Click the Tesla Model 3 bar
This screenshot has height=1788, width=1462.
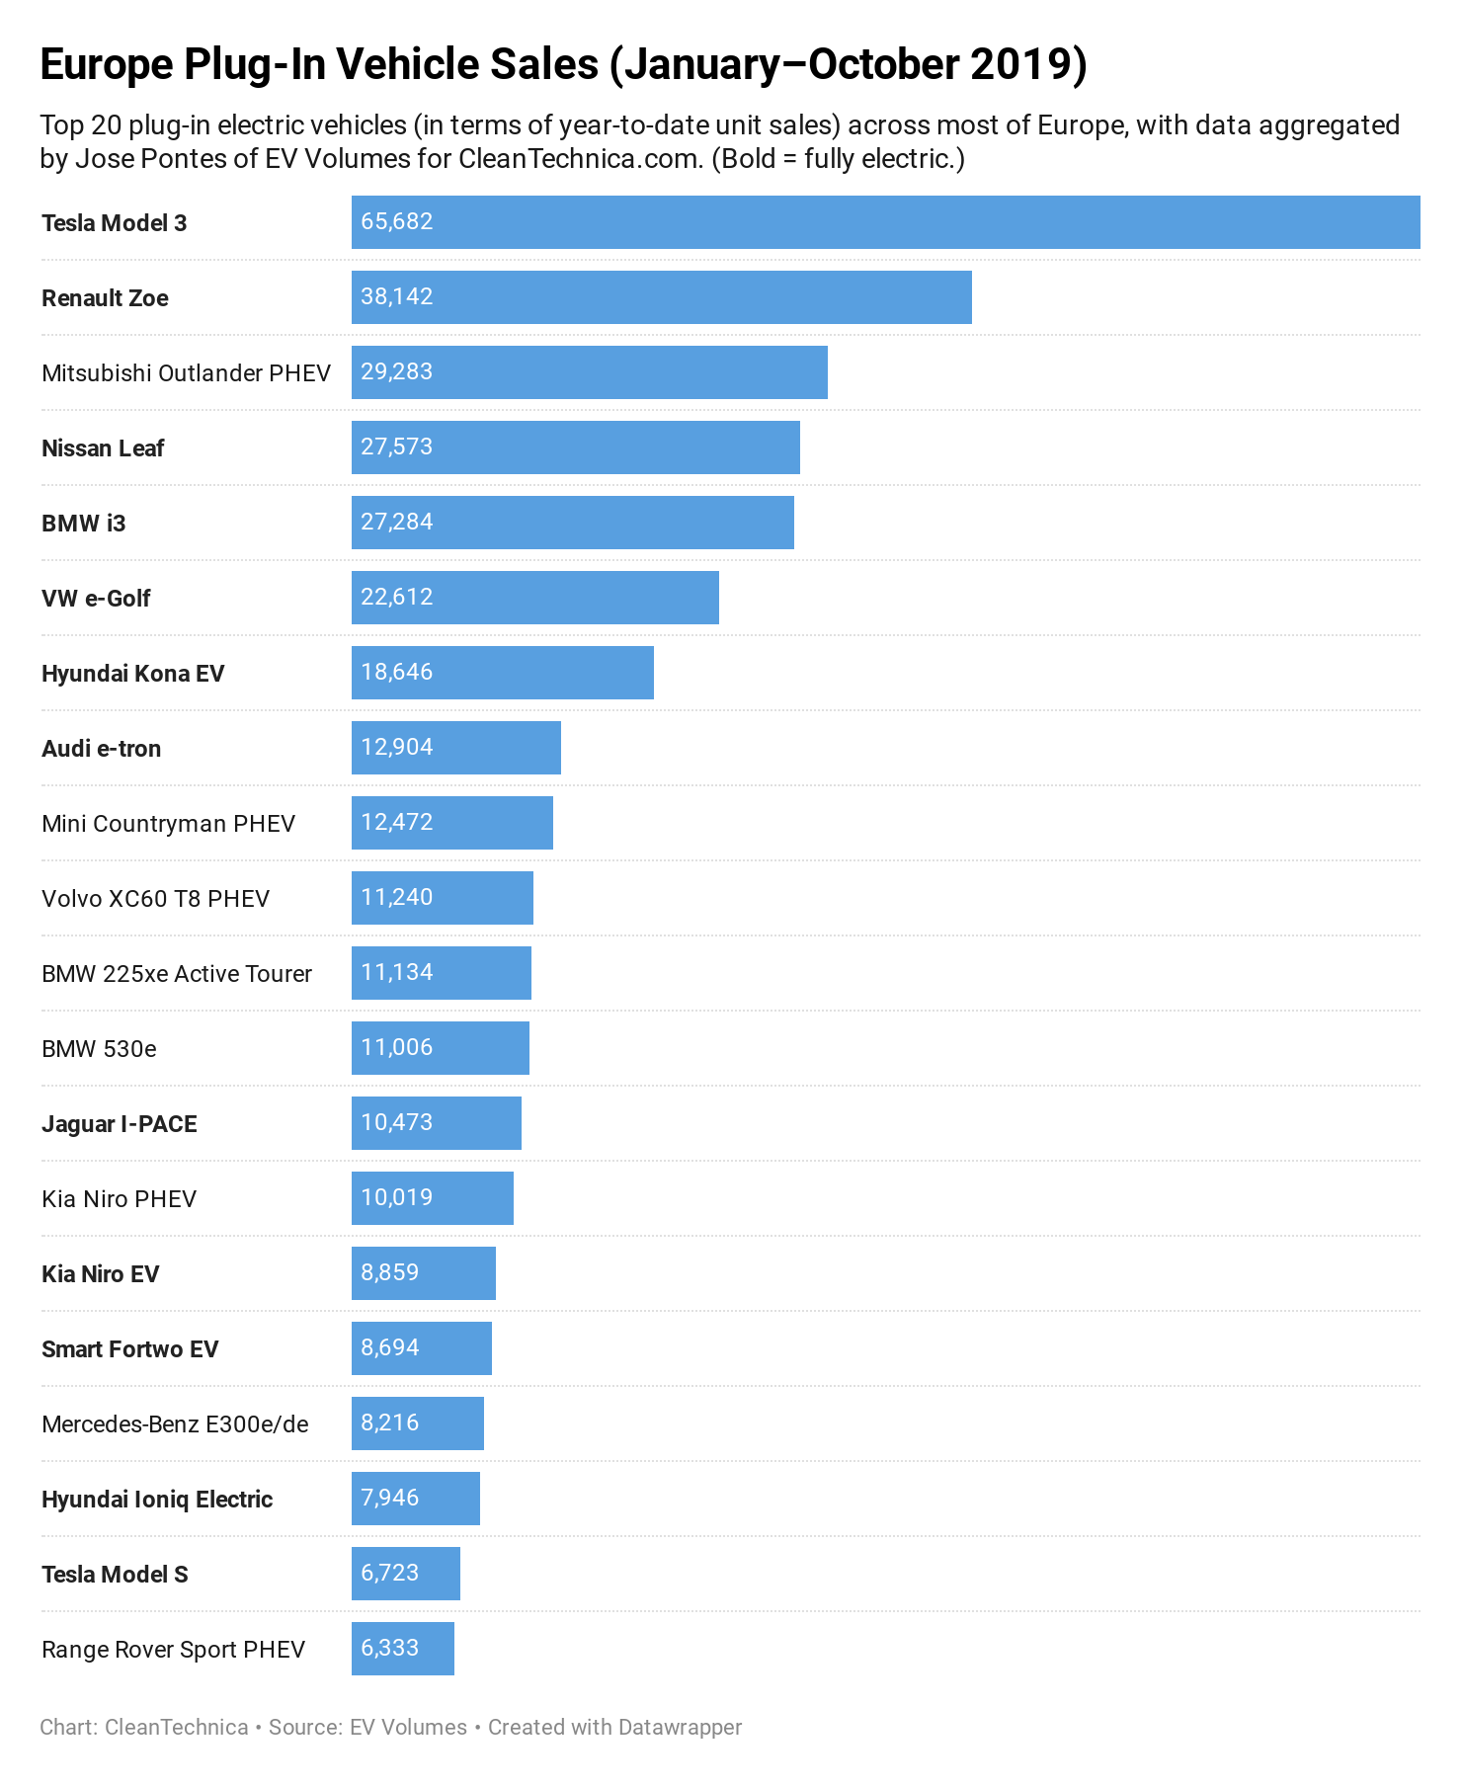pos(885,222)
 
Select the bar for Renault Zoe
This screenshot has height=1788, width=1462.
pos(662,297)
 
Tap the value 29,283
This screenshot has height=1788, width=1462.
pos(397,372)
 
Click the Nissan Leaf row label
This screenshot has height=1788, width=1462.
pos(103,448)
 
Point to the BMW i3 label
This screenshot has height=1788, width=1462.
pos(84,524)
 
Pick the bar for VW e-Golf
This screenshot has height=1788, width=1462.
pos(535,598)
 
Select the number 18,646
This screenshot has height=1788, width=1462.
pos(397,673)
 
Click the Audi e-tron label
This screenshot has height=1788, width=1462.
pos(102,749)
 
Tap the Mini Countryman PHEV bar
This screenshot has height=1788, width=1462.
pos(452,823)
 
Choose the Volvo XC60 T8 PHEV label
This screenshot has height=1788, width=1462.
pos(155,899)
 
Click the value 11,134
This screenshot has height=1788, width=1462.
pos(397,973)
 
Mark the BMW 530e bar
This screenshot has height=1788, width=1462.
pos(441,1048)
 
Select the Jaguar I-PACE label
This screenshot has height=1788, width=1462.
pos(120,1124)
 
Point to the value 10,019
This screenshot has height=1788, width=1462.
pos(397,1198)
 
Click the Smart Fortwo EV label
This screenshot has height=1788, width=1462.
pos(129,1349)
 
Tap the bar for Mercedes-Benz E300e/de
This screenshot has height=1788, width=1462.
pos(418,1423)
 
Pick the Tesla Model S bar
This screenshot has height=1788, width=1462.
pos(406,1574)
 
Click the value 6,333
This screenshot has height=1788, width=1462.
pos(390,1649)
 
